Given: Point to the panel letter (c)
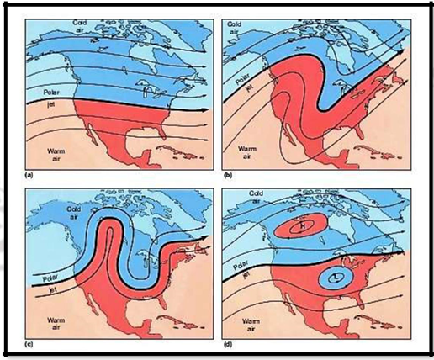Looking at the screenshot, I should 31,345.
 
